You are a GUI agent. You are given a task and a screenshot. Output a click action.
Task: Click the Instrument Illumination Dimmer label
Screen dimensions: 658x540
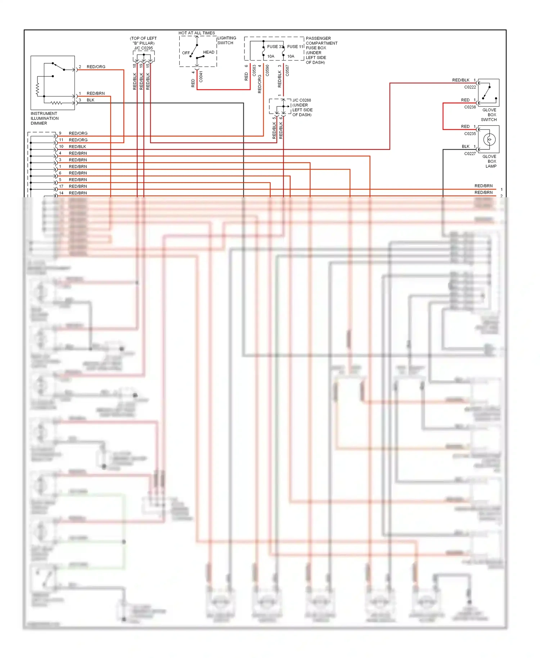[44, 118]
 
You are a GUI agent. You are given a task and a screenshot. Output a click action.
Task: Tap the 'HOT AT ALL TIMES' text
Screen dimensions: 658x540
[197, 33]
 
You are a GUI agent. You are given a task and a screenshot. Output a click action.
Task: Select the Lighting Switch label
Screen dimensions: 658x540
[226, 40]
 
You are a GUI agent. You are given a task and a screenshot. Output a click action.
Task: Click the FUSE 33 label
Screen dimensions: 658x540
[275, 47]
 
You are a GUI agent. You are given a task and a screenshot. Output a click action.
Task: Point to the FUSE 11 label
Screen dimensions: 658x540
[295, 47]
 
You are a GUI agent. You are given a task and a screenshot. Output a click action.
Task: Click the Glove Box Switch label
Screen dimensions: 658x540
[489, 115]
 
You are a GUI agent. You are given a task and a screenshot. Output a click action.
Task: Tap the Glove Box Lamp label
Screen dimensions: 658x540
[491, 161]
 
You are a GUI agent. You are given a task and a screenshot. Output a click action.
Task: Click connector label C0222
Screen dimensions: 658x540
[470, 87]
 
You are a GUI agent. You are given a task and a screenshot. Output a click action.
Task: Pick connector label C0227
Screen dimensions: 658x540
[470, 154]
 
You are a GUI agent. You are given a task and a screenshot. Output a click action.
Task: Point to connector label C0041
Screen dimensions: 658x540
[201, 77]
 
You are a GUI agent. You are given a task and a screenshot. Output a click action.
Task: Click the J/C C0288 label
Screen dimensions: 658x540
[302, 100]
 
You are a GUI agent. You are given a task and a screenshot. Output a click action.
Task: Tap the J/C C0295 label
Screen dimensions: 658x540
[143, 48]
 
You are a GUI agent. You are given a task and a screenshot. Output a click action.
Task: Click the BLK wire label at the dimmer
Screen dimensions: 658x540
[90, 100]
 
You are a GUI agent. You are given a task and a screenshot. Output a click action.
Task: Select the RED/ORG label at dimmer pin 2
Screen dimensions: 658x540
[96, 67]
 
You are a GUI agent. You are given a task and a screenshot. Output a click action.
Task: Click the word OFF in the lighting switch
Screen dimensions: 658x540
[186, 53]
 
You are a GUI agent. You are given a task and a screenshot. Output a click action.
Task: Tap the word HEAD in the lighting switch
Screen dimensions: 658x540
[208, 53]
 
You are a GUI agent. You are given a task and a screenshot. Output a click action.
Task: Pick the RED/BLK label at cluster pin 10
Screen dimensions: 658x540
[77, 147]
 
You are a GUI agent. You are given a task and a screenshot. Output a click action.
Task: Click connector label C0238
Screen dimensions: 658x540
[470, 107]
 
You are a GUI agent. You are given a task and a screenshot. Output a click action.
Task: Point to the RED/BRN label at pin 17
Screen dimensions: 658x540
[78, 186]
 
